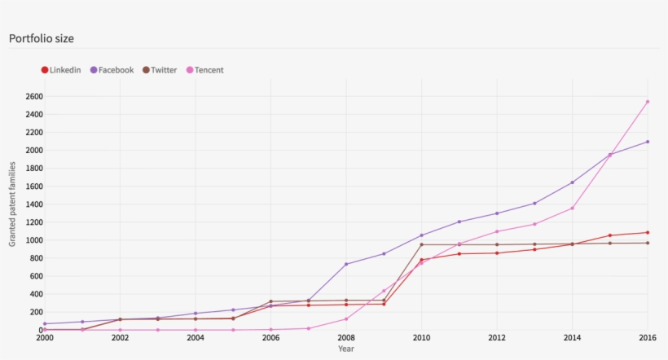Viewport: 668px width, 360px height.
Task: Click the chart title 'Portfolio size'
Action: (42, 38)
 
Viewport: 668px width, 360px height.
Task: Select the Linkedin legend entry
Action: (61, 70)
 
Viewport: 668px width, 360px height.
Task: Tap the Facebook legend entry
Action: (112, 70)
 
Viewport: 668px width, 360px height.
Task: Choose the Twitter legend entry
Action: (160, 70)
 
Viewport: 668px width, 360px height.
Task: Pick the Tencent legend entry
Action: (205, 70)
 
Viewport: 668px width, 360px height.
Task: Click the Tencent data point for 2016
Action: (648, 102)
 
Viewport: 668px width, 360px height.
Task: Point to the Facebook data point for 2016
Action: (648, 142)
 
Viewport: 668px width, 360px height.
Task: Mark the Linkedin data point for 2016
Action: (648, 232)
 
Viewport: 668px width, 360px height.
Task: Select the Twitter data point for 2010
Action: (421, 244)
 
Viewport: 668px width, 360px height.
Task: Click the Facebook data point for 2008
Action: (346, 264)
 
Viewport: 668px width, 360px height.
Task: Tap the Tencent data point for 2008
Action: (346, 319)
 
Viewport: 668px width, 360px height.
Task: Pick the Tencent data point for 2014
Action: (572, 208)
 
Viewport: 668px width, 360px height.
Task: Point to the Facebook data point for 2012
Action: (497, 213)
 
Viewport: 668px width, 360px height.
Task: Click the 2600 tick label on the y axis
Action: (33, 96)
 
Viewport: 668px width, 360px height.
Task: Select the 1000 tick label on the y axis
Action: (33, 240)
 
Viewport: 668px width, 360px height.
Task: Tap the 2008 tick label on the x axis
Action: (346, 337)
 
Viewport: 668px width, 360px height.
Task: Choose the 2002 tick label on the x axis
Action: (120, 337)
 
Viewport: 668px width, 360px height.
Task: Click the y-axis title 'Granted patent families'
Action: (13, 204)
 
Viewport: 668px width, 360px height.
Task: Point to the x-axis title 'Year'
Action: (346, 349)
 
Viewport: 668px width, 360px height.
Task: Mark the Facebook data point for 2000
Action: (45, 324)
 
